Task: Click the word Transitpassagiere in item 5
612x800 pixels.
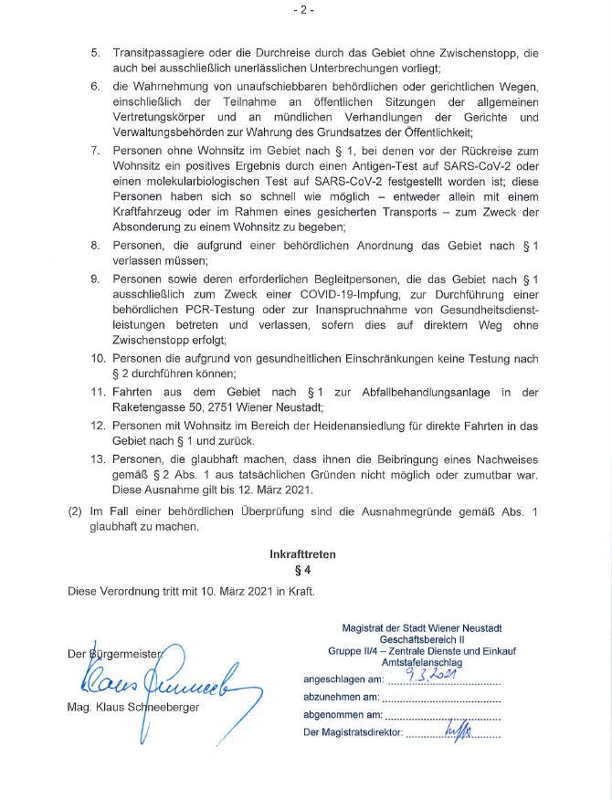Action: (x=161, y=53)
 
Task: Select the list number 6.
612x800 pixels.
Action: (x=95, y=87)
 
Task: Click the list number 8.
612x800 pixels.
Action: (x=95, y=246)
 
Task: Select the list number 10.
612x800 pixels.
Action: (x=98, y=358)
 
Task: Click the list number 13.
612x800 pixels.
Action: (x=98, y=459)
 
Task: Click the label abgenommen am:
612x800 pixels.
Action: (x=343, y=715)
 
